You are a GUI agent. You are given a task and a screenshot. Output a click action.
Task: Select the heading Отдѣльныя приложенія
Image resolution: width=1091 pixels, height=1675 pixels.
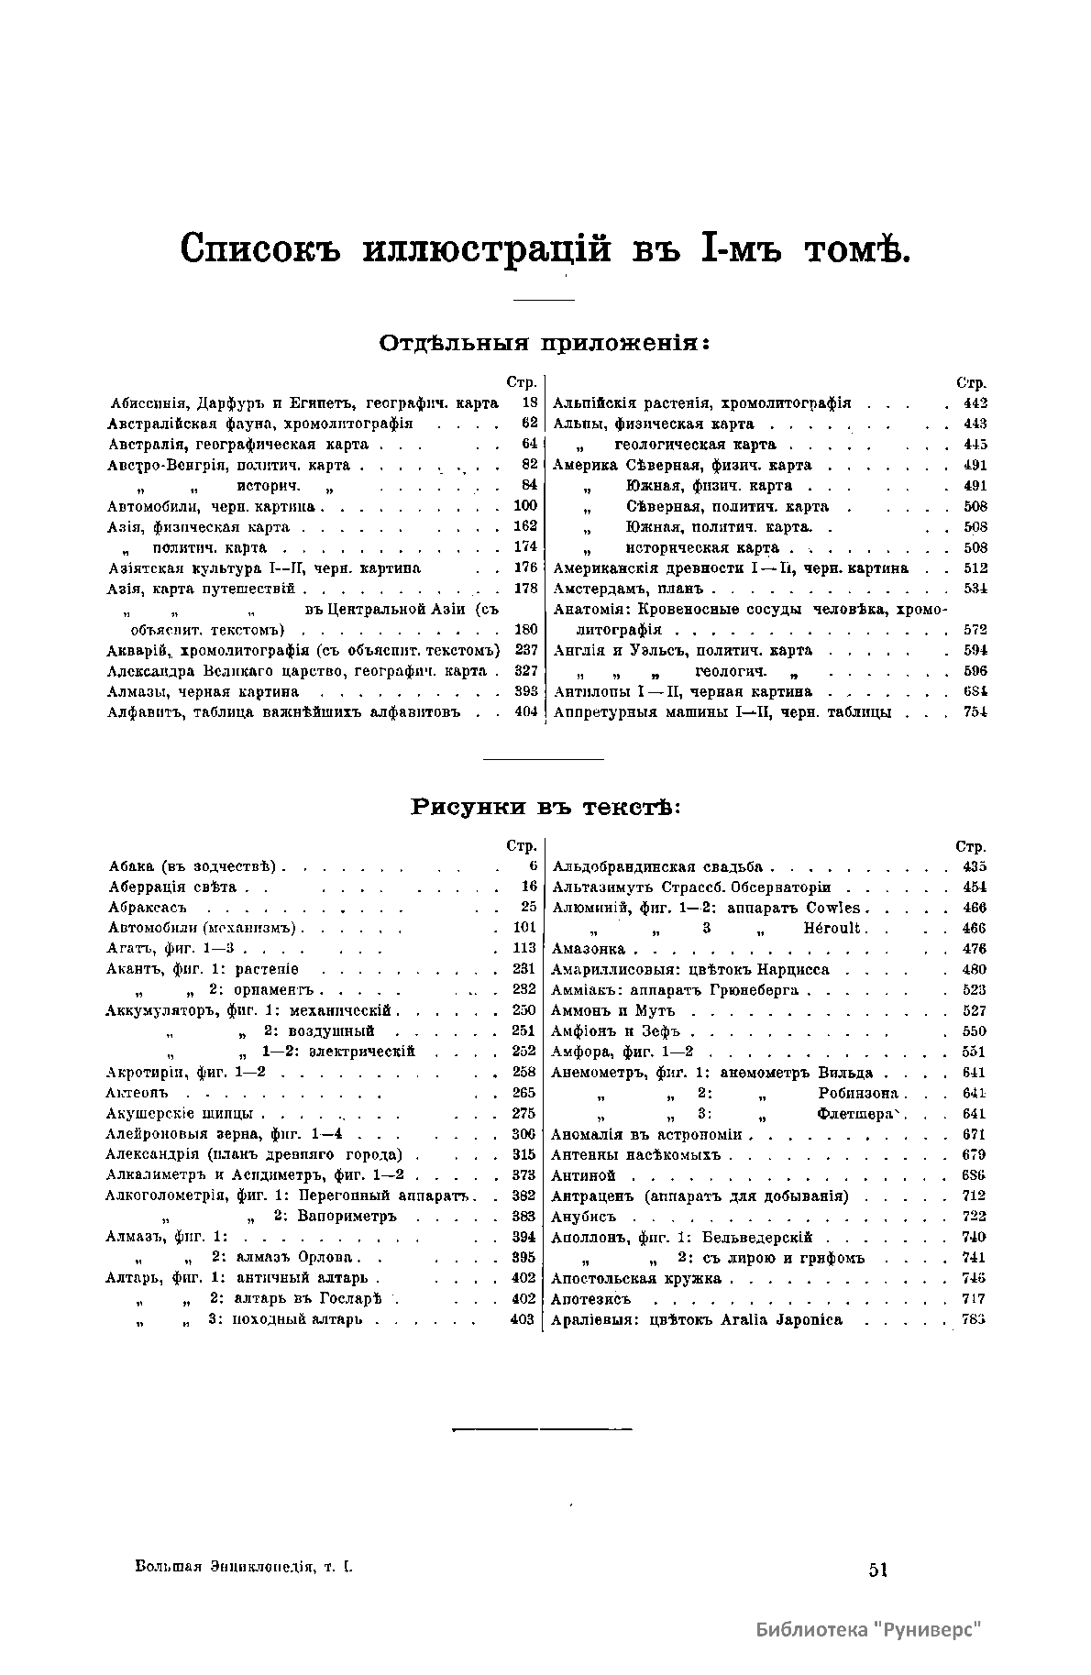click(x=545, y=344)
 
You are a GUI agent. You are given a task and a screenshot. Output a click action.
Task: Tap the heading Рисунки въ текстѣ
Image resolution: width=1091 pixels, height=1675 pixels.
click(x=545, y=808)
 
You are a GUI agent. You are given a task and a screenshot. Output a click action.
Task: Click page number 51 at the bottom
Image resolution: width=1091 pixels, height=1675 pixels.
click(x=877, y=1570)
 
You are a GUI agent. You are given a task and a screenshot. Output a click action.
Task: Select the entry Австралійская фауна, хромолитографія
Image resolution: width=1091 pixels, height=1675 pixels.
click(x=260, y=424)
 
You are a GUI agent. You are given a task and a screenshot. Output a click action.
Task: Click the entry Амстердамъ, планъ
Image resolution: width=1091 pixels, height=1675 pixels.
click(x=629, y=589)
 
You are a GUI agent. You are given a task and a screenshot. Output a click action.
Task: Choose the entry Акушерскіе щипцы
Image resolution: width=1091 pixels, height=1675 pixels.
click(x=180, y=1114)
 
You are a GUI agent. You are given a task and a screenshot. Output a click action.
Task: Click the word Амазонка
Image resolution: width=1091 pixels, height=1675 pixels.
click(x=589, y=949)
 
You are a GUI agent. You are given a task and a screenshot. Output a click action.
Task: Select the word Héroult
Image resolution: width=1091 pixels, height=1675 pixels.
click(x=832, y=928)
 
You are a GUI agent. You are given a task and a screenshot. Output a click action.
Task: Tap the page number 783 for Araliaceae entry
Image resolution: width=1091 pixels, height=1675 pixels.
click(x=974, y=1320)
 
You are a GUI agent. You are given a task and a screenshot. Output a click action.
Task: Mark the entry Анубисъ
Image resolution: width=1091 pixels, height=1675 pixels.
click(x=583, y=1217)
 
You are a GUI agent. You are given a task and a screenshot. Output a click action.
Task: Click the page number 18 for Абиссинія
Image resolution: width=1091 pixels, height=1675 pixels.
click(x=529, y=402)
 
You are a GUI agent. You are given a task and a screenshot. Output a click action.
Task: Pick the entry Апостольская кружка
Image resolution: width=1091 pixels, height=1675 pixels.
click(x=636, y=1279)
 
